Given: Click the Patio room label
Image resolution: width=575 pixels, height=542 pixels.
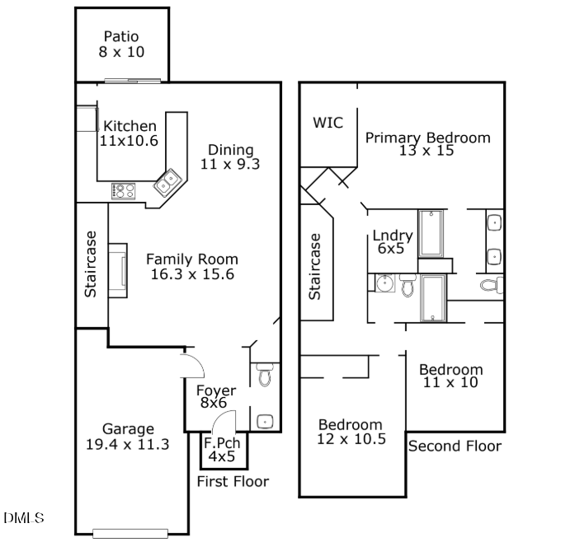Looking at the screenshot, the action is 121,36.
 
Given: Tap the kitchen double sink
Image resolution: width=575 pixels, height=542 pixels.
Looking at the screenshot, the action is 168,182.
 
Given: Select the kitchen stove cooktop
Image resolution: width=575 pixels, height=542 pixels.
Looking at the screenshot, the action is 123,191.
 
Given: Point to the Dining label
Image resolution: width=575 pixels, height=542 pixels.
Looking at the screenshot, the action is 231,150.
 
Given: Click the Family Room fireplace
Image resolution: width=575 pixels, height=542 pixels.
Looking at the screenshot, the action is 118,271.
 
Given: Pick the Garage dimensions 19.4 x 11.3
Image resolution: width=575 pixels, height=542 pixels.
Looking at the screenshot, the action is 127,445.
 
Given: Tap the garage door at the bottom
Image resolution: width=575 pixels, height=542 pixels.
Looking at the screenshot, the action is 130,534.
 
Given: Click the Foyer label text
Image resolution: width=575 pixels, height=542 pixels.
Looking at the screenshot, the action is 216,390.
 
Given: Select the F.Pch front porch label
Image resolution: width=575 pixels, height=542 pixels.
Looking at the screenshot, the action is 222,443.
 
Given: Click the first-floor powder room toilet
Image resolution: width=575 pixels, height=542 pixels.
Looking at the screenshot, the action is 264,374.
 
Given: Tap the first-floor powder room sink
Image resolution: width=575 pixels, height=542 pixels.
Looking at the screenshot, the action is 265,422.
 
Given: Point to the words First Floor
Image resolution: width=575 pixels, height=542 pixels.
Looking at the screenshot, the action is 233,482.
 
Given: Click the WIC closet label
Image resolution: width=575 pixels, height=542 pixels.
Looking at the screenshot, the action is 328,123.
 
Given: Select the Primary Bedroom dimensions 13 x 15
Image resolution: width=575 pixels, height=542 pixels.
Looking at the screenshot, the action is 427,151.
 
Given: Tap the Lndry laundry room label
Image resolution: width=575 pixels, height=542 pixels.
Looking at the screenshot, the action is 393,236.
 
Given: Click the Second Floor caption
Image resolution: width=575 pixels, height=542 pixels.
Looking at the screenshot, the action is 455,446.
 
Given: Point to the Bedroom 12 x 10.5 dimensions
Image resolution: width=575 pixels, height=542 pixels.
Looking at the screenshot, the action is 351,439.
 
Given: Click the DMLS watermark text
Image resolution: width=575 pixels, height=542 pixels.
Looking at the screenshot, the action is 24,518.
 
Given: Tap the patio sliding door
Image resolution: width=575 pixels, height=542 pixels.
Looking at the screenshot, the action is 132,81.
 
